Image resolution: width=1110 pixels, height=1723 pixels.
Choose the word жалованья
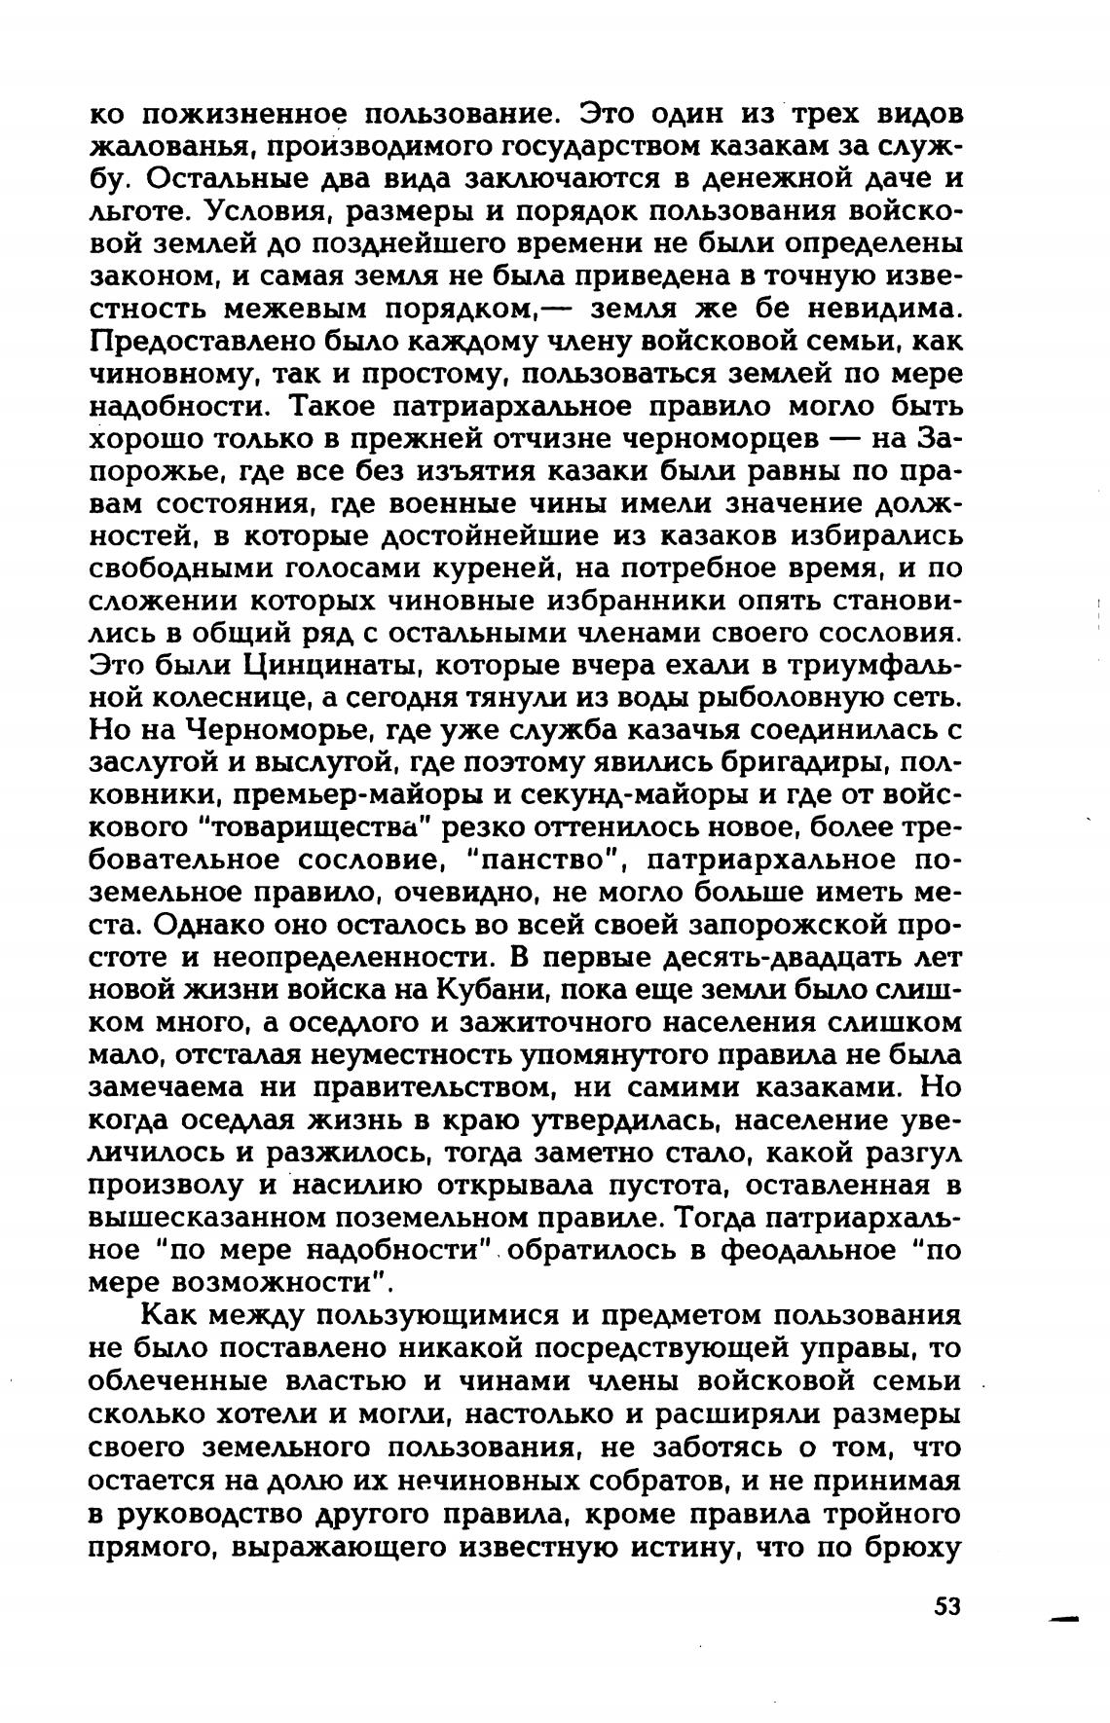(x=171, y=146)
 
